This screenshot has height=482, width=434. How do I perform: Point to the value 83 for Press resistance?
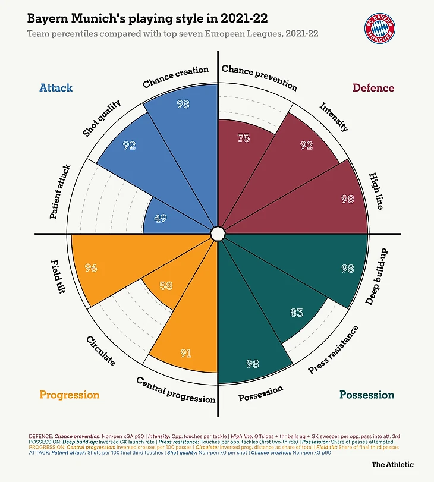pos(297,313)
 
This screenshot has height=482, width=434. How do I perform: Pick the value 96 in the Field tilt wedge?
pos(91,267)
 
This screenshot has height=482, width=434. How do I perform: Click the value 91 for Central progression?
pos(185,353)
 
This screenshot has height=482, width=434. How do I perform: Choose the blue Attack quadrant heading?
pos(56,88)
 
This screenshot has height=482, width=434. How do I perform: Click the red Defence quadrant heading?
pos(373,88)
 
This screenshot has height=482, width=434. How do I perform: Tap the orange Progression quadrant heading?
pos(69,395)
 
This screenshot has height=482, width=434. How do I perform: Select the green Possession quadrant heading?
pos(367,395)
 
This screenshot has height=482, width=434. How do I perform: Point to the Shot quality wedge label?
pos(102,119)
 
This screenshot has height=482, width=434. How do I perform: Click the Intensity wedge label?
pos(334,116)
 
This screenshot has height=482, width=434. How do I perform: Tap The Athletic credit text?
pos(392,464)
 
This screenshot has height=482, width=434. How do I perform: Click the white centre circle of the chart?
pos(218,233)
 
